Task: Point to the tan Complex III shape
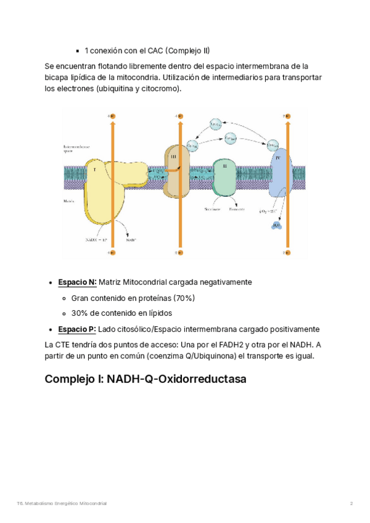[x=175, y=172]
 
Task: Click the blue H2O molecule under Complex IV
[x=276, y=226]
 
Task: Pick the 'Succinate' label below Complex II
[x=213, y=210]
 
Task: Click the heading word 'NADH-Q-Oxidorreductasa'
[x=176, y=379]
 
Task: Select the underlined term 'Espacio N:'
[x=77, y=282]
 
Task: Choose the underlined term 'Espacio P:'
[x=77, y=329]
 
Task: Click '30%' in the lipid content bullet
[x=80, y=313]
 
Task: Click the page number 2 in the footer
[x=351, y=504]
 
